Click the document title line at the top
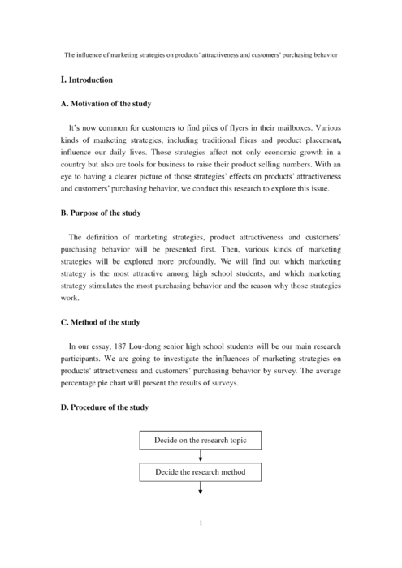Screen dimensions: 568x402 pos(201,54)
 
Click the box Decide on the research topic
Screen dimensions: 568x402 pos(200,441)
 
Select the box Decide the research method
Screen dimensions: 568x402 pos(200,471)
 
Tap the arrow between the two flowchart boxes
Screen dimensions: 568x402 pos(200,456)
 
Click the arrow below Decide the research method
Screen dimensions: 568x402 pos(200,488)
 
